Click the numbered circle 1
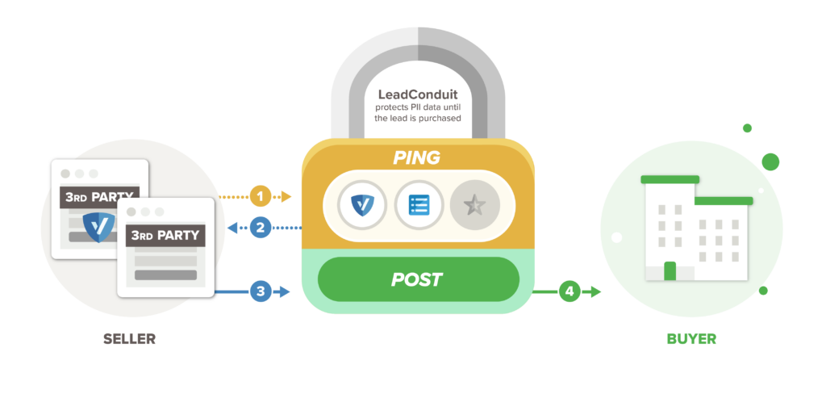(x=260, y=196)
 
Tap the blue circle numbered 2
(x=260, y=228)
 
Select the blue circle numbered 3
(x=260, y=291)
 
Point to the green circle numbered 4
(x=570, y=291)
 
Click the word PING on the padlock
(x=417, y=157)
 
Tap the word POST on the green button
(x=417, y=279)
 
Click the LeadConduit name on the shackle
(x=417, y=94)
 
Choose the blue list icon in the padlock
(x=418, y=205)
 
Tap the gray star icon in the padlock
(x=474, y=205)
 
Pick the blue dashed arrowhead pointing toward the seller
(x=232, y=228)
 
